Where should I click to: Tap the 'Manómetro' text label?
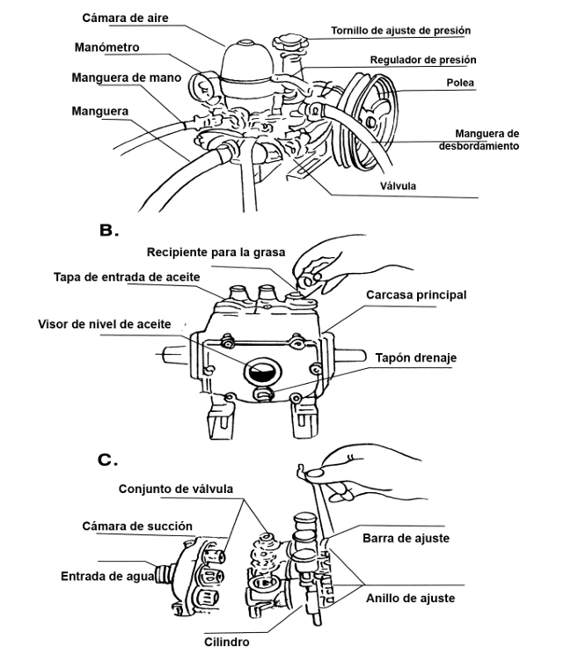coord(106,46)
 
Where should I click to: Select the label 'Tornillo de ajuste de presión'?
coord(400,30)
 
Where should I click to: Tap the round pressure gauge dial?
coord(200,86)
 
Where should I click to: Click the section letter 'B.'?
coord(109,231)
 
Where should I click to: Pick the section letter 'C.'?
coord(107,459)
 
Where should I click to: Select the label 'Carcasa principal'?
coord(417,295)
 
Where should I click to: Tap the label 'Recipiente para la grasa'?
coord(216,253)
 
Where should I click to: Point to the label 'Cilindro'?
coord(227,642)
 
